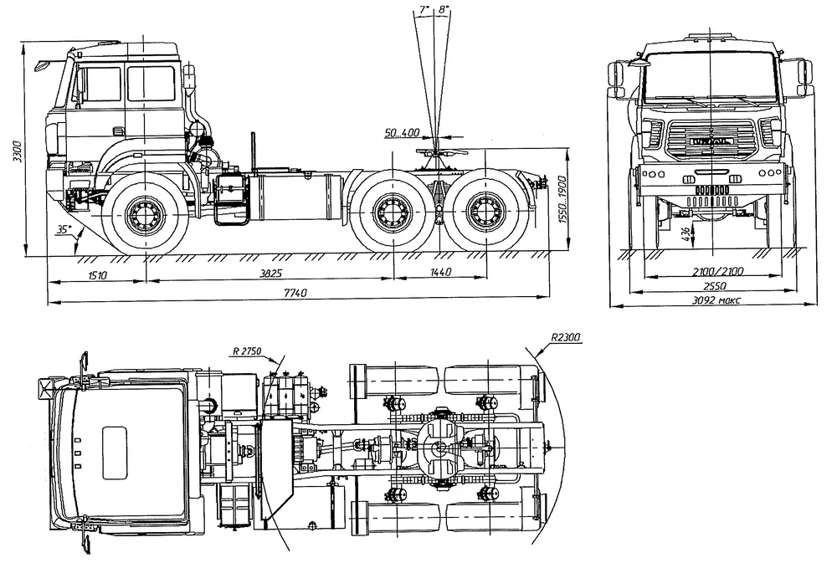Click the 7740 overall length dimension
coord(295,293)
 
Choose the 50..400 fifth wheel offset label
coord(403,132)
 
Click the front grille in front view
coord(711,138)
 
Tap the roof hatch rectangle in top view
coord(116,451)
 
